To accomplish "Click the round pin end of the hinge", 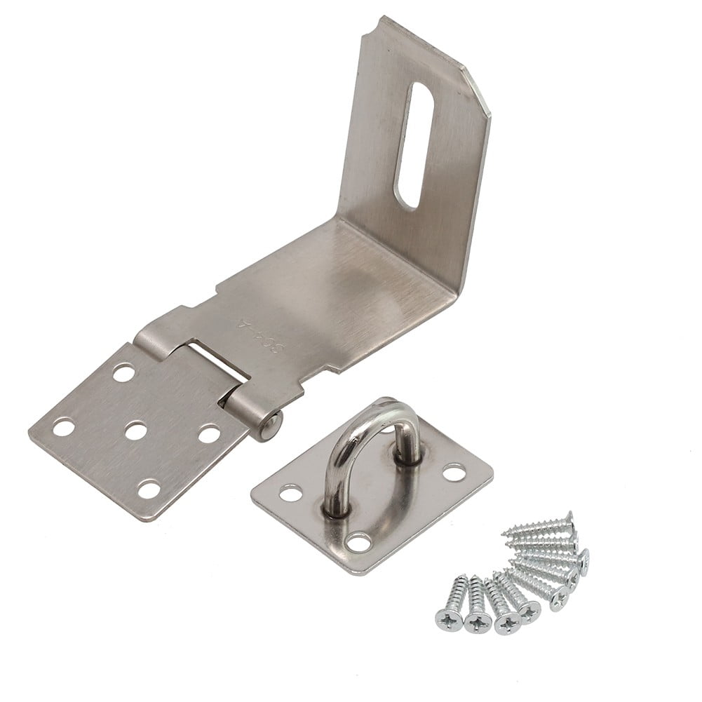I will tap(271, 426).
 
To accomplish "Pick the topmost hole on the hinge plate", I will tap(123, 372).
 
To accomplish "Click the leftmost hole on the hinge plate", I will tap(64, 426).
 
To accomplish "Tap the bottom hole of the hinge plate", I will tap(149, 488).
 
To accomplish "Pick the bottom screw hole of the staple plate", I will tap(359, 541).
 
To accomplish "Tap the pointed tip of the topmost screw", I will tap(506, 534).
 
